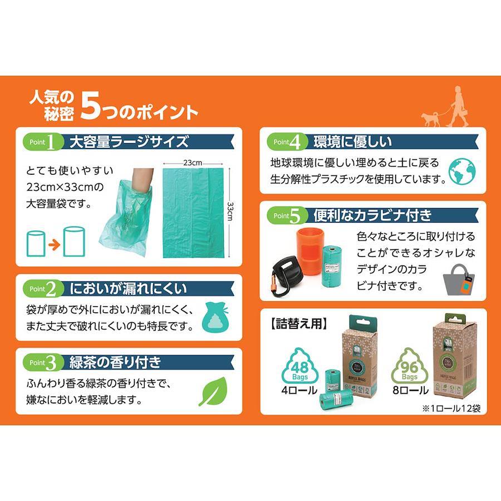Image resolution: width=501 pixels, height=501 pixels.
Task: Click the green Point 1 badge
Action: tap(43, 142)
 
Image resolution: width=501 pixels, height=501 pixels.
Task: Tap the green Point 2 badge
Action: tap(43, 288)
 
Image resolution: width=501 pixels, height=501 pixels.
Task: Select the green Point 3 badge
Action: tap(43, 362)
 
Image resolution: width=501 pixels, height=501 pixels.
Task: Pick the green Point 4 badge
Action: tap(287, 142)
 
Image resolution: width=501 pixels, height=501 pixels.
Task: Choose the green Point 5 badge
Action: tap(287, 215)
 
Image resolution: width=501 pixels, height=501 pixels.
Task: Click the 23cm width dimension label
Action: tap(193, 163)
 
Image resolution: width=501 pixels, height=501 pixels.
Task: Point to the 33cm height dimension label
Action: tap(229, 211)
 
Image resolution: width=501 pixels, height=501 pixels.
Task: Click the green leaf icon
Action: tap(213, 391)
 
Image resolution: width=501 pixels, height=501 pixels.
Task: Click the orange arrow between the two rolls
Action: tap(55, 245)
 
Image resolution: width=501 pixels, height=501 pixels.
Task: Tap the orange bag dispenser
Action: tap(309, 252)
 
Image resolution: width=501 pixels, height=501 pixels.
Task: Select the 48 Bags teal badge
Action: tap(299, 366)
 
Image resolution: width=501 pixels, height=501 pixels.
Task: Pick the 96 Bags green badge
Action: tap(410, 366)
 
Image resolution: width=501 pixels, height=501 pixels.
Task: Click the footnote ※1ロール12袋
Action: tap(451, 408)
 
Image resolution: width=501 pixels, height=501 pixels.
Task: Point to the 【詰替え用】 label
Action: tap(299, 323)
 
